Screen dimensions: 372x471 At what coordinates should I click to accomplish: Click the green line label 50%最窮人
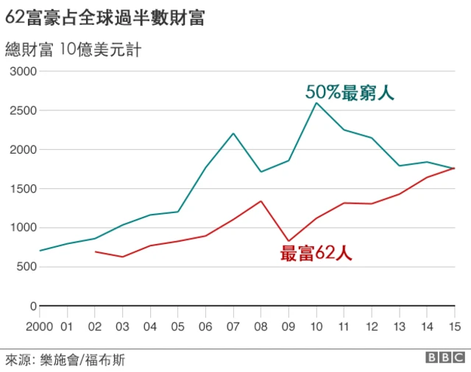click(350, 93)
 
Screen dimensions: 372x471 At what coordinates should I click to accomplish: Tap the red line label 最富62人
click(316, 254)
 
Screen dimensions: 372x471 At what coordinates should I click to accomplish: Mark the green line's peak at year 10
click(316, 103)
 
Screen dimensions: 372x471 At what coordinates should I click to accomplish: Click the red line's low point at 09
click(288, 241)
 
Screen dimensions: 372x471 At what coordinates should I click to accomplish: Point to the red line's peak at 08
click(261, 201)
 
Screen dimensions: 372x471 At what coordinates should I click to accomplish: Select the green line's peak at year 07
click(233, 133)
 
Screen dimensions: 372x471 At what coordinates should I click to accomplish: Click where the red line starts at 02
click(96, 251)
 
